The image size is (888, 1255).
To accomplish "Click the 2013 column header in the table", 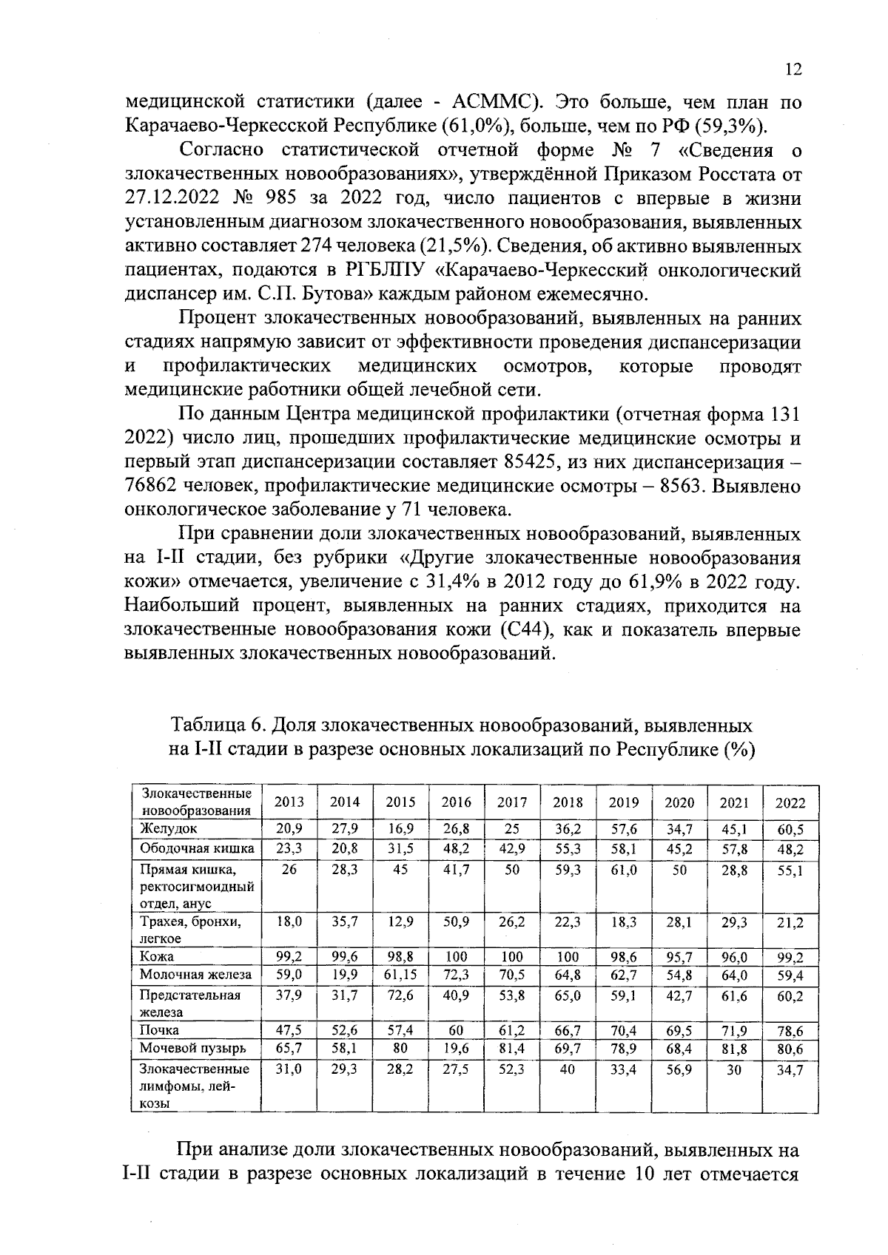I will click(x=289, y=802).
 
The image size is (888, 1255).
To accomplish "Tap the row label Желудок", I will click(x=169, y=829).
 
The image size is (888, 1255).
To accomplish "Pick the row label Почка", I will click(x=159, y=1029).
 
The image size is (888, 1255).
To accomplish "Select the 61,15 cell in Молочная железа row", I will click(x=400, y=975).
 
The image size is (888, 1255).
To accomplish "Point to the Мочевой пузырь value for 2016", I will click(x=456, y=1048).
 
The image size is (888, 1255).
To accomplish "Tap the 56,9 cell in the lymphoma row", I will click(x=679, y=1069).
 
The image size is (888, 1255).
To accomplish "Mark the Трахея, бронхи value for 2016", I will click(x=456, y=921).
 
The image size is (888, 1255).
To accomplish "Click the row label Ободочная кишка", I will click(x=197, y=848).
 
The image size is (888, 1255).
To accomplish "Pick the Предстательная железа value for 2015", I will click(x=400, y=996).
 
